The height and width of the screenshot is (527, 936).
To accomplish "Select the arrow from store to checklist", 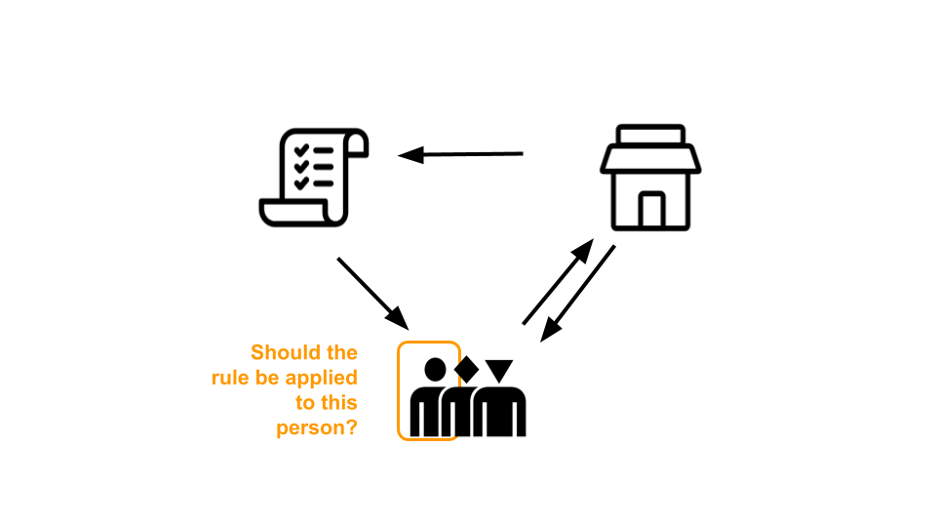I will coord(460,154).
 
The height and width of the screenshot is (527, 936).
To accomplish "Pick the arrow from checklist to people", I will coord(371,292).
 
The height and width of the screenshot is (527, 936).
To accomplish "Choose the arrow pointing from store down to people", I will coord(578,293).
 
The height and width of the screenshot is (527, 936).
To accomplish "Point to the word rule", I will coord(231,378).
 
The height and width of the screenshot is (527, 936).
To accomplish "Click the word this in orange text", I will coord(338,403).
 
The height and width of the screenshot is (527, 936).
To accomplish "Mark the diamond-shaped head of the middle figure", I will coord(465,369).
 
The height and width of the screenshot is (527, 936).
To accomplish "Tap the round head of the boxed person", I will coord(436,370).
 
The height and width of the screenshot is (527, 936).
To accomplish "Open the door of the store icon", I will coord(650,210).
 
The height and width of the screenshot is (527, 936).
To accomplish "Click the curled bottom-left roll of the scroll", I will coord(273,211).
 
